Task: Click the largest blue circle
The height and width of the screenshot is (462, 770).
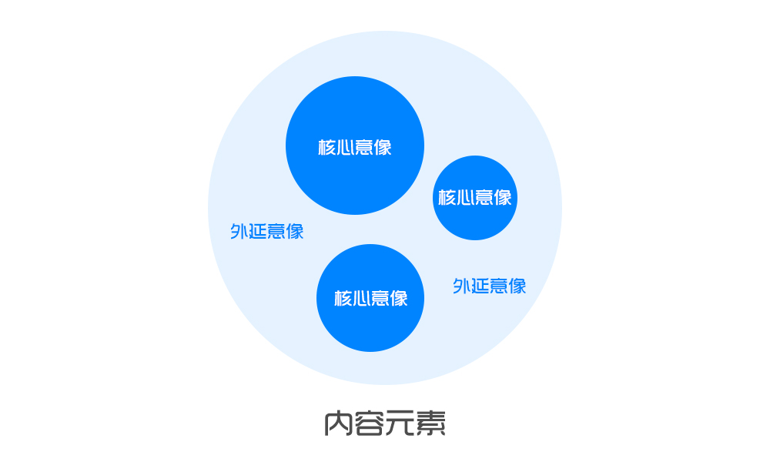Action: coord(354,146)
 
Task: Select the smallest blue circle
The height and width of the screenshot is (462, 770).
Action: coord(475,198)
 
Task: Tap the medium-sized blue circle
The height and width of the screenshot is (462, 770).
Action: coord(370,298)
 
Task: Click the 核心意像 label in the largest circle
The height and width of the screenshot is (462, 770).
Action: coord(354,147)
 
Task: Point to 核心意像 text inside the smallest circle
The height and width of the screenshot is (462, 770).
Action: coord(475,197)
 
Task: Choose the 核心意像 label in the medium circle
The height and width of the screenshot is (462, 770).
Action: coord(371,298)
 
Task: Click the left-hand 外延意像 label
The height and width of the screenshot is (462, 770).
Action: coord(267,231)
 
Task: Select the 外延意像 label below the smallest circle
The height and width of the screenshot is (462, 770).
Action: coord(489,286)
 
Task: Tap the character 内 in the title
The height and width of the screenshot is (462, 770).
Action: coord(338,423)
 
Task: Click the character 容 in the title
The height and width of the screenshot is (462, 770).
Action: coord(369,423)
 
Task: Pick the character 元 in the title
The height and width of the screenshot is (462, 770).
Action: coord(400,423)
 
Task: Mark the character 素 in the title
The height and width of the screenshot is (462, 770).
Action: coord(430,423)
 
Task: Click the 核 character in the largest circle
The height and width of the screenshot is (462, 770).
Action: coord(326,147)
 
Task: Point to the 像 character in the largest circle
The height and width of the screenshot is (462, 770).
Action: coord(383,147)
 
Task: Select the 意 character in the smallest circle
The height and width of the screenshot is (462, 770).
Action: coord(484,197)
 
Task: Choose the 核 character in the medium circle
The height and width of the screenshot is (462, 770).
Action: coord(343,298)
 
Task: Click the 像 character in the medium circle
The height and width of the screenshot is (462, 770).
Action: coord(399,298)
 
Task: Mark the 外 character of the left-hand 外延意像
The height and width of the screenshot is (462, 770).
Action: coord(239,231)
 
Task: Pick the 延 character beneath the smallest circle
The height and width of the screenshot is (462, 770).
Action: coord(480,286)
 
